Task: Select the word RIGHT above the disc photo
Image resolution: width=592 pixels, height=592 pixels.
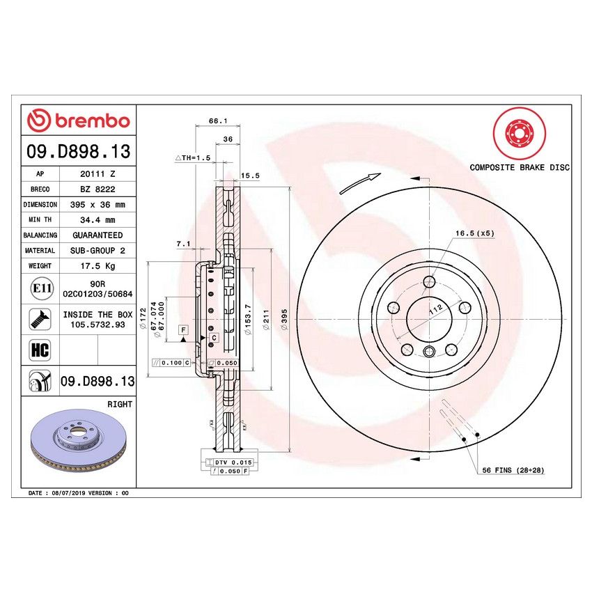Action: (120, 404)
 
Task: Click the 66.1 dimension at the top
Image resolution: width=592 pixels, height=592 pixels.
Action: (217, 121)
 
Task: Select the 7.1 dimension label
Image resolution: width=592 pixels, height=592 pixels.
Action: (183, 244)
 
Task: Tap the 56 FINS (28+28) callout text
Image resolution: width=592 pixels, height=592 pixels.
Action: (513, 471)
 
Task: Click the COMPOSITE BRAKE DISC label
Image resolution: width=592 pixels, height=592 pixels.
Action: (519, 167)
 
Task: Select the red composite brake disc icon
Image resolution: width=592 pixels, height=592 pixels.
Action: (518, 134)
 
